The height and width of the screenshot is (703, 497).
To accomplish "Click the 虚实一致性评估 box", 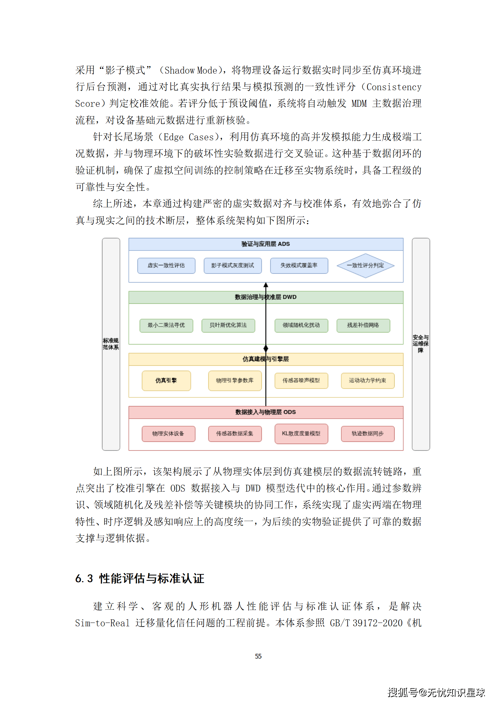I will (166, 266).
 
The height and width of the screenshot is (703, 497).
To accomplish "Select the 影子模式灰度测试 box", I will (233, 266).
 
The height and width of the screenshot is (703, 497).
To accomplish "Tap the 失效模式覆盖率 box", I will (299, 266).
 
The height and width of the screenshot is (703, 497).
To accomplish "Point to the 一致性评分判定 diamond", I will (365, 266).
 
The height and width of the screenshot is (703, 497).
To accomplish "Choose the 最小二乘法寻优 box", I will (166, 325).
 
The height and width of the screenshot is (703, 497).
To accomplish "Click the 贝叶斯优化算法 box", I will (228, 325).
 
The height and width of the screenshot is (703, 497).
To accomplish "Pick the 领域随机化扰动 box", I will (301, 325).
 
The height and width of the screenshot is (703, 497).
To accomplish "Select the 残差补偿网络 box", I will (363, 325).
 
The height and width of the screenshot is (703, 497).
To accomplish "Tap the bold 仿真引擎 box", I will (166, 380).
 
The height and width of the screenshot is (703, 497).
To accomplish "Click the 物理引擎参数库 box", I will (235, 380).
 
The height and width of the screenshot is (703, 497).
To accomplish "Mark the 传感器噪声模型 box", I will (301, 380).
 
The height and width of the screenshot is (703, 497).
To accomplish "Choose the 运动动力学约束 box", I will (368, 380).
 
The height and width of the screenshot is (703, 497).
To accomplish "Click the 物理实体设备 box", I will (168, 434).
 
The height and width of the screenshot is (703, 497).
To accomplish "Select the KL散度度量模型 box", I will (301, 434).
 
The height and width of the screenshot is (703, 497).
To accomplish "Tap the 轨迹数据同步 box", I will (368, 434).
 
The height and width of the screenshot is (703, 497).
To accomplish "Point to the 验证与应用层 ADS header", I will (266, 244).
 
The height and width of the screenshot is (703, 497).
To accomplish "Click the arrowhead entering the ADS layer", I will (266, 285).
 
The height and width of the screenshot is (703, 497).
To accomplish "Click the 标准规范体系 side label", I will (111, 344).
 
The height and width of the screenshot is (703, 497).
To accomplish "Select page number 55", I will (258, 656).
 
